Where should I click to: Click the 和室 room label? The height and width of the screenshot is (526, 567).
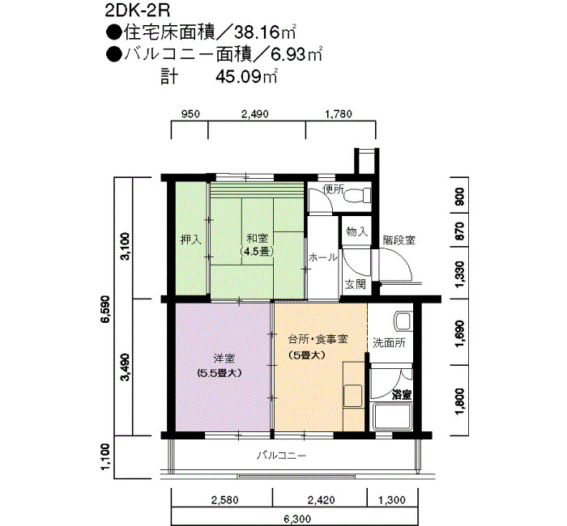(257, 239)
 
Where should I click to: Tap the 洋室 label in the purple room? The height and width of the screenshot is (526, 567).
(224, 358)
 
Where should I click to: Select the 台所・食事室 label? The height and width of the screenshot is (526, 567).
(318, 339)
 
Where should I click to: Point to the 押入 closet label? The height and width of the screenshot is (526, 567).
(190, 240)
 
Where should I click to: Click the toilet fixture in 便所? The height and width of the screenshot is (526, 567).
(357, 196)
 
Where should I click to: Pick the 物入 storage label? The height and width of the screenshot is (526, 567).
(356, 231)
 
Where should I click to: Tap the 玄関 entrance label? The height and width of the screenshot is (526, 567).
(355, 284)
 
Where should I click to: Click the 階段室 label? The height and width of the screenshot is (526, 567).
(399, 240)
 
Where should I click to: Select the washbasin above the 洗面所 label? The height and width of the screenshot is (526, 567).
(403, 321)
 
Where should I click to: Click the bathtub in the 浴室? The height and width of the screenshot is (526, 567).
(392, 416)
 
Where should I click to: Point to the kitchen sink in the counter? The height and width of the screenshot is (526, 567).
(352, 396)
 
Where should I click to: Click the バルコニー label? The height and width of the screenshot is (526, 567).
(282, 455)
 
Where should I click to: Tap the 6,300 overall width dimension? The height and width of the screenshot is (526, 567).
(297, 520)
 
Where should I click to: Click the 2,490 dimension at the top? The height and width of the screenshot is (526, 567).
(255, 114)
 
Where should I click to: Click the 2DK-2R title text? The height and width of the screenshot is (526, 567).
(138, 11)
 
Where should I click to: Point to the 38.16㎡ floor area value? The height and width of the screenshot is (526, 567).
(265, 33)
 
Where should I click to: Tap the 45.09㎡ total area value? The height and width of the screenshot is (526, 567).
(246, 77)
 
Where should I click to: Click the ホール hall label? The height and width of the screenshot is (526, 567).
(323, 257)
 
